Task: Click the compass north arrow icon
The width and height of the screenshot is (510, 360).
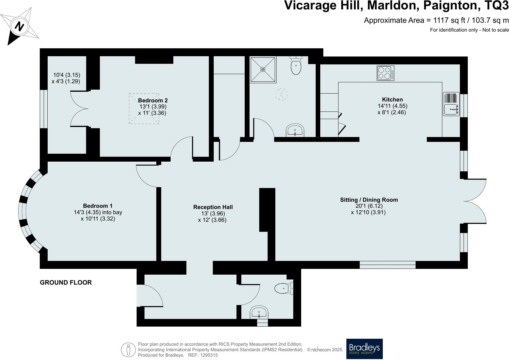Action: [20, 27]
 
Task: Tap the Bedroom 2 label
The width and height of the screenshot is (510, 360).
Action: [153, 101]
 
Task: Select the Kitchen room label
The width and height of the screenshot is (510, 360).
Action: [392, 100]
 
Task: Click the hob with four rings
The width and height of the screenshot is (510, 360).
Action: [386, 73]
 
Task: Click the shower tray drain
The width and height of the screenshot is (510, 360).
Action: [263, 70]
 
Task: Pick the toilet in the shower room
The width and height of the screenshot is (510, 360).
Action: [296, 66]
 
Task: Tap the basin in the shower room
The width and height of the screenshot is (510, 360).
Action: [295, 131]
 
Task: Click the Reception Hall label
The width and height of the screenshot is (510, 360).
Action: [213, 207]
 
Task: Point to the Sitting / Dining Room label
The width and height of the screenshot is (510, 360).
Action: [369, 200]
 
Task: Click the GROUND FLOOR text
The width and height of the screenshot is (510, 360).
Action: [66, 283]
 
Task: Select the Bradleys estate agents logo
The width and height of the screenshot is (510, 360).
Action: [364, 349]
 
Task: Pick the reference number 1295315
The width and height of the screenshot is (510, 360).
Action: [207, 355]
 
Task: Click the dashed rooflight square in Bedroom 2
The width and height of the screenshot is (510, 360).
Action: [144, 108]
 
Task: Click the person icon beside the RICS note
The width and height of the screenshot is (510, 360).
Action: [128, 350]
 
